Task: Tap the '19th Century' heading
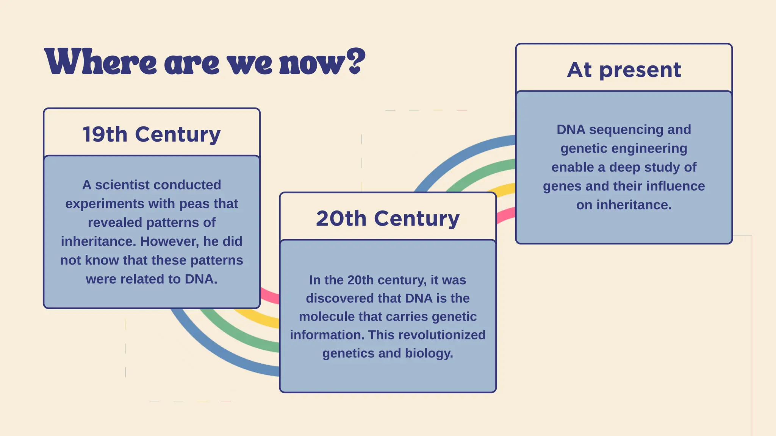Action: coord(152,134)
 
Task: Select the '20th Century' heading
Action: coord(388,219)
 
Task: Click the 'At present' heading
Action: coord(624,70)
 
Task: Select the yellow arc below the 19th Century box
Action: coord(258,320)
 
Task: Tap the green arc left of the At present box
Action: coord(481,172)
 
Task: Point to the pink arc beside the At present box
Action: coord(506,216)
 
